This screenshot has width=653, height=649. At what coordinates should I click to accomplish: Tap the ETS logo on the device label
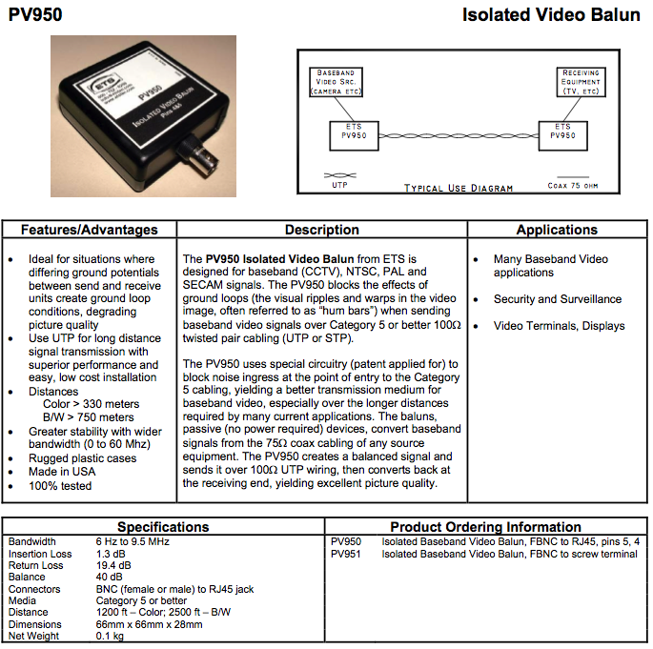tap(106, 83)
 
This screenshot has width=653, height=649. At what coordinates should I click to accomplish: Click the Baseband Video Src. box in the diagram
tap(337, 82)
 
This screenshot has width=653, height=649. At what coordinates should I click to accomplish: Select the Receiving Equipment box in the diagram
tap(581, 82)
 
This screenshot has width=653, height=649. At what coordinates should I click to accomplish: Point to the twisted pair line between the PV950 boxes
tap(459, 135)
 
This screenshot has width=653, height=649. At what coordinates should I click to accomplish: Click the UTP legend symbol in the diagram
tap(339, 175)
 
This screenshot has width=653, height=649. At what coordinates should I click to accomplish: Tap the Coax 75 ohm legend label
tap(573, 186)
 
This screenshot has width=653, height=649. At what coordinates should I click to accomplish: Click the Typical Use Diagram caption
tap(459, 188)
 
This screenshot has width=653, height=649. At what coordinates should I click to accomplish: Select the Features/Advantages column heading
tap(89, 230)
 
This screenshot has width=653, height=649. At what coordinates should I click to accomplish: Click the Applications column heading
tap(557, 230)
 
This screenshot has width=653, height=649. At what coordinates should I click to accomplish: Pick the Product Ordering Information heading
tap(485, 527)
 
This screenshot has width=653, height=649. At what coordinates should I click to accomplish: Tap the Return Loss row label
tap(36, 565)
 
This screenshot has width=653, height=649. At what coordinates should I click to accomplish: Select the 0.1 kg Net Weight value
tap(110, 636)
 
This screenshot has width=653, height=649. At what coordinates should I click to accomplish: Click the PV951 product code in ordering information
tap(346, 554)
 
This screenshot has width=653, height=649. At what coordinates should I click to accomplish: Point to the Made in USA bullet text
tap(62, 472)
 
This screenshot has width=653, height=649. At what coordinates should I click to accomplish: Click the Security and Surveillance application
tap(558, 299)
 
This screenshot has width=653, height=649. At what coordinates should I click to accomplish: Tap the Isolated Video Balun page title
tap(551, 15)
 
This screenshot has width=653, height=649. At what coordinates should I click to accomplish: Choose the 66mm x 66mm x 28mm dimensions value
tap(149, 624)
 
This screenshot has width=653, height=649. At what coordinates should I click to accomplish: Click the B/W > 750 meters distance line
tap(89, 417)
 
